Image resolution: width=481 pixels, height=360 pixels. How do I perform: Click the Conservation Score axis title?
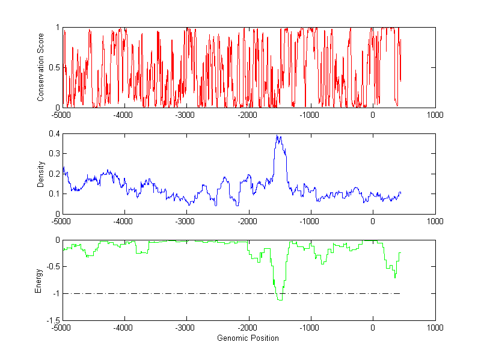(x=41, y=67)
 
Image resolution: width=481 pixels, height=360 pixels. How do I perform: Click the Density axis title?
(x=41, y=174)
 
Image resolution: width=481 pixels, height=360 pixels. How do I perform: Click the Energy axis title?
(x=39, y=281)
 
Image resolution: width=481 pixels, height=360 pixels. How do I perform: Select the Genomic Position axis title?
(x=248, y=338)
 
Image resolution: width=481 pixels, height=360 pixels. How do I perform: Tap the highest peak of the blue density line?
(x=277, y=136)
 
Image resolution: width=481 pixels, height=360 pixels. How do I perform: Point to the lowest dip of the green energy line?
(x=280, y=299)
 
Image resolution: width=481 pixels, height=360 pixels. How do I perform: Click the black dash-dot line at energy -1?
(x=180, y=293)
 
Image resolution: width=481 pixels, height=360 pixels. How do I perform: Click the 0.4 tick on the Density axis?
(x=54, y=134)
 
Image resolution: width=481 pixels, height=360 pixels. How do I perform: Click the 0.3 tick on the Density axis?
(x=54, y=154)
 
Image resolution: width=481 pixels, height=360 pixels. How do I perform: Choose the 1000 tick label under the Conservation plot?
(x=435, y=115)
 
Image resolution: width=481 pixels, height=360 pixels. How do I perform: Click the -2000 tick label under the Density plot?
(x=248, y=221)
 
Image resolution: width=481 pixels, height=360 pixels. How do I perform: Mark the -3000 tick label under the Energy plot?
(x=186, y=328)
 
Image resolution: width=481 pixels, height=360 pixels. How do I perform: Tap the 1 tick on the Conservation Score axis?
(x=57, y=28)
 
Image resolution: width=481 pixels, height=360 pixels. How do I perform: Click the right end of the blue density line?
(x=400, y=193)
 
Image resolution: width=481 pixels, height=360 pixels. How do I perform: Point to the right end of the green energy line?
(x=400, y=253)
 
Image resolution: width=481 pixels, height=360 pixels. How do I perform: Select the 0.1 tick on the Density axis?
(x=54, y=194)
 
